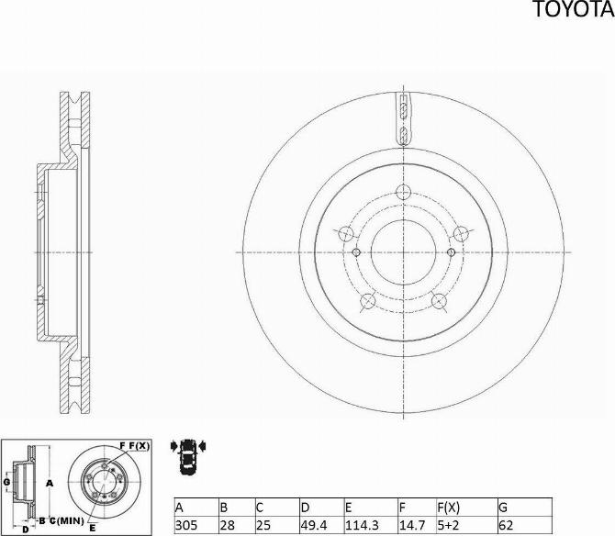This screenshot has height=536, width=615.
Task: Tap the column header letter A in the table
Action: (x=180, y=507)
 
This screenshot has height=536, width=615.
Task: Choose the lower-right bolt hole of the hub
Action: (x=438, y=299)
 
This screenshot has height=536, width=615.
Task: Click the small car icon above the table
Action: (x=189, y=452)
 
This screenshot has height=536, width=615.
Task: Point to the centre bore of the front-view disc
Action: (x=403, y=251)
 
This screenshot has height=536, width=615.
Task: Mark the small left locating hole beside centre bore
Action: (x=357, y=251)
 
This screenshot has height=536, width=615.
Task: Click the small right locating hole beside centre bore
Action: (x=449, y=251)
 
